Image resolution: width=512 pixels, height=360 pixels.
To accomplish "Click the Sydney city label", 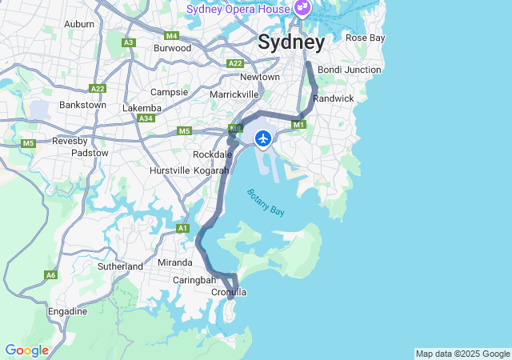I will pos(291,42).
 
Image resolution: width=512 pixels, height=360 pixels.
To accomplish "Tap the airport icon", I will pos(262,138).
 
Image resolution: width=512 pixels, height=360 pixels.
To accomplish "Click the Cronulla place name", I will pos(228,292).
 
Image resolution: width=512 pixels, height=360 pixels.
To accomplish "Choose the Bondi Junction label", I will pos(349,70).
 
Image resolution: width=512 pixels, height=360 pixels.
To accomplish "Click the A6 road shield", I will pos(50,275).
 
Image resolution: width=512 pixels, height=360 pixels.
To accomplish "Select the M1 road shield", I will pos(299,124).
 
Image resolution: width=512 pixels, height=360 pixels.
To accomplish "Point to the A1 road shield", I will pos(182,229).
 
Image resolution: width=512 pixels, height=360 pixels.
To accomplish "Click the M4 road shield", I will pos(171,36).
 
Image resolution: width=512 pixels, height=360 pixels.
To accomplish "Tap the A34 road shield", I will pos(146,118).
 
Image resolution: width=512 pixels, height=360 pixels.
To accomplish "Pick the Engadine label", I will pos(68,311).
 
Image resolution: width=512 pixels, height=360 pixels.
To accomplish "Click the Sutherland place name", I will pos(120,266).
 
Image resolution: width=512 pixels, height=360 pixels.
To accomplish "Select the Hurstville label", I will pos(170,170).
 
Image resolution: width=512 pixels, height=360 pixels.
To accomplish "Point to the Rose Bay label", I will pos(365,38).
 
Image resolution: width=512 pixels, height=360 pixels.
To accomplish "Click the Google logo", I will pos(26,350).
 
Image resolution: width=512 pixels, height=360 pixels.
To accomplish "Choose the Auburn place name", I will pos(78,24).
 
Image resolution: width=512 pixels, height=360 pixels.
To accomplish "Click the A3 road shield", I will pos(128,42).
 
